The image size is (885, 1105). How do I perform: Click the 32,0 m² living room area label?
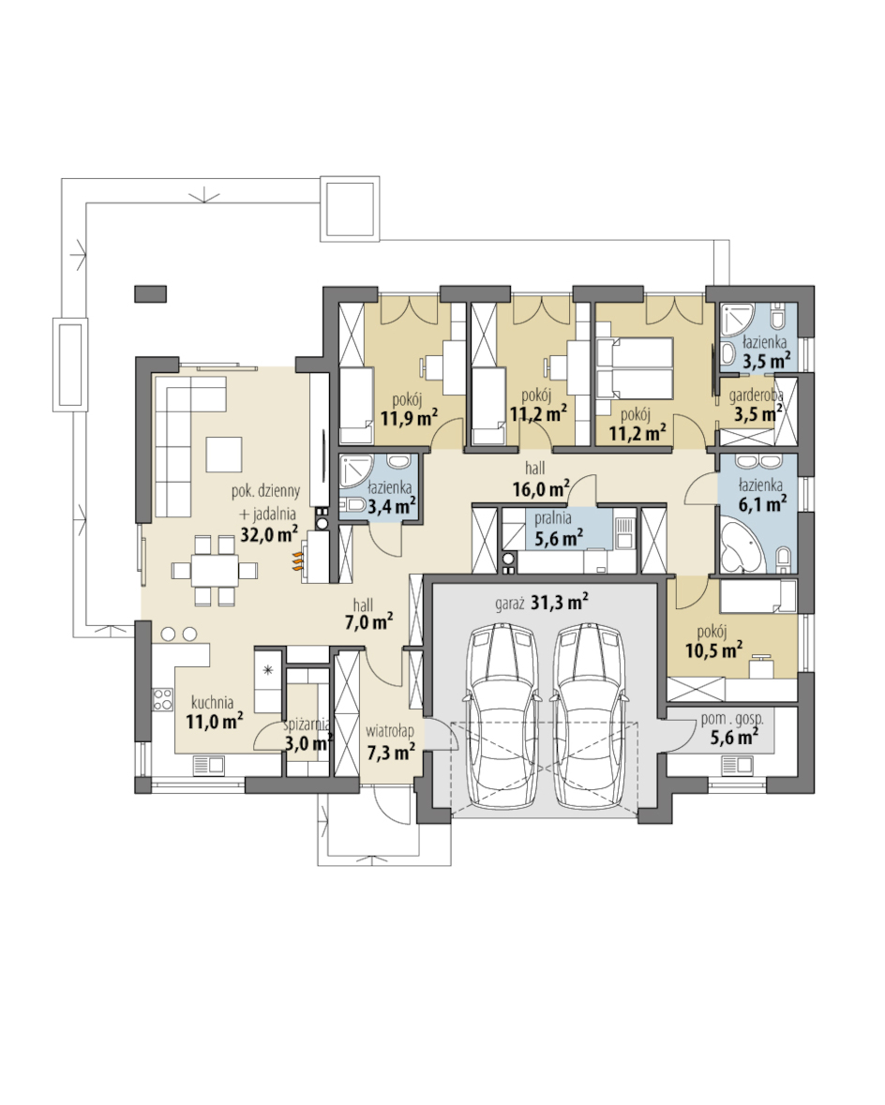click(x=269, y=533)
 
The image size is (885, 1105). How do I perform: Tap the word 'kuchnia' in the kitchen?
click(x=212, y=702)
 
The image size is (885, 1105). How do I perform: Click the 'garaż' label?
click(x=509, y=604)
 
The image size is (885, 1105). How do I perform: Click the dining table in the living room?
click(x=215, y=570)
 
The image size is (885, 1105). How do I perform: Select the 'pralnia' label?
click(x=553, y=518)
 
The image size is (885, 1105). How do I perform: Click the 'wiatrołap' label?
click(x=390, y=731)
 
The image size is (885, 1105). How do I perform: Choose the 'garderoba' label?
click(x=756, y=396)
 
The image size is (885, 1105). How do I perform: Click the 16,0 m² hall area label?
click(x=541, y=488)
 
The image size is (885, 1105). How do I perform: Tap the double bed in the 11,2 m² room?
click(x=635, y=367)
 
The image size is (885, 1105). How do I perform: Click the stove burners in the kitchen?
click(x=163, y=698)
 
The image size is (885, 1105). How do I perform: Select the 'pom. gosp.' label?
click(x=732, y=720)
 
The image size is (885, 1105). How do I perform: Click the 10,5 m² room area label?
click(x=713, y=650)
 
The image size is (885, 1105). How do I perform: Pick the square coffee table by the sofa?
click(x=224, y=455)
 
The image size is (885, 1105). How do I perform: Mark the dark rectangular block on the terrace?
click(x=151, y=294)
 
